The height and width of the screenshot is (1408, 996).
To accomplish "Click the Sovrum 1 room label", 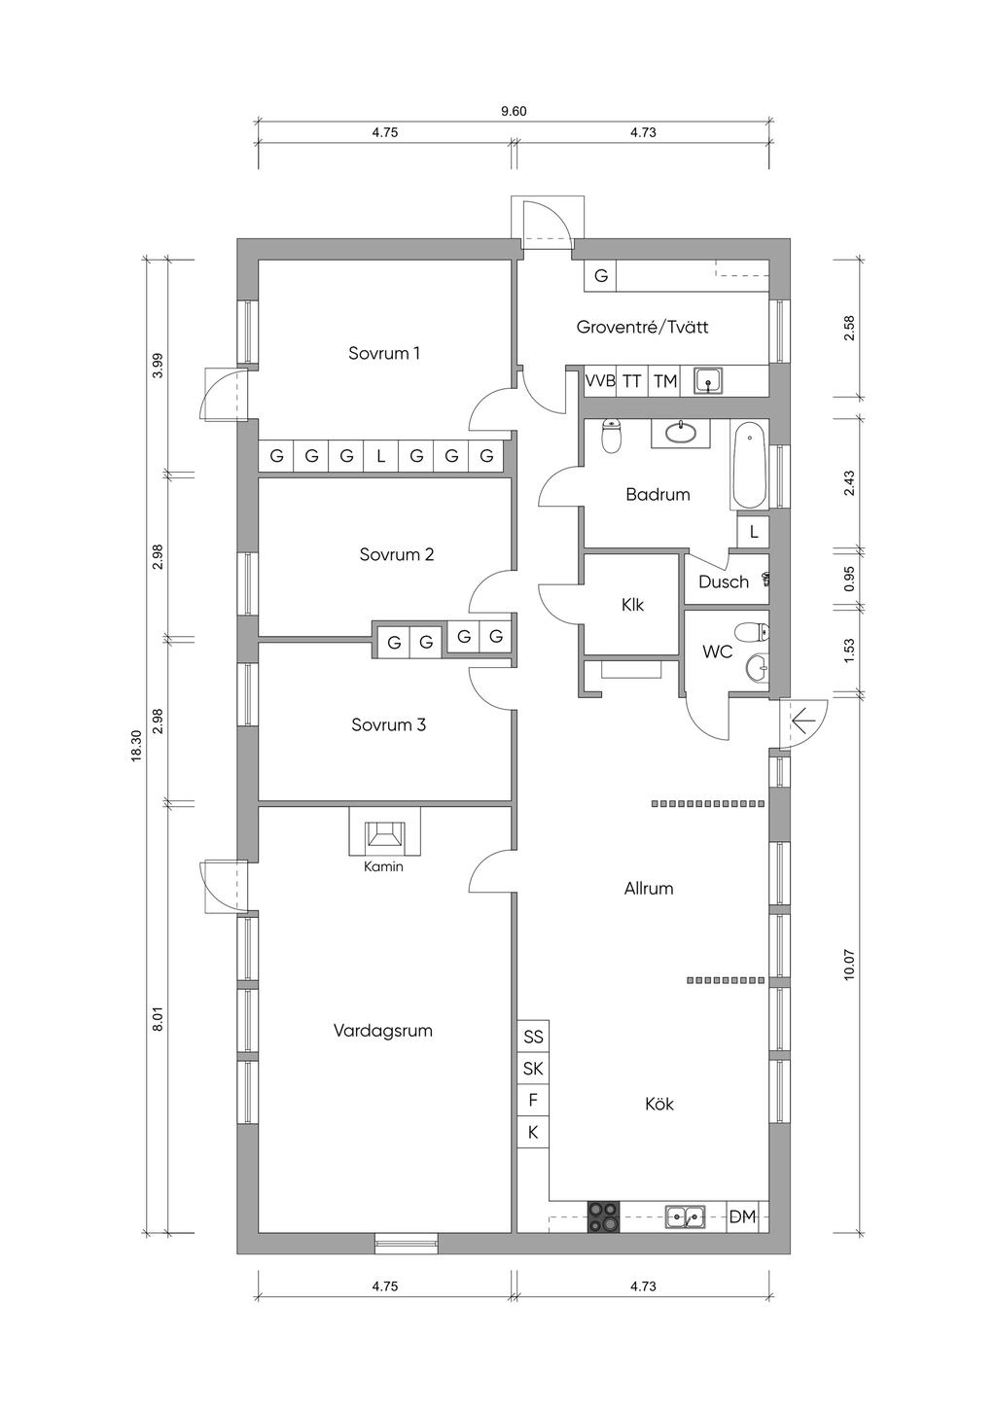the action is pyautogui.click(x=383, y=353).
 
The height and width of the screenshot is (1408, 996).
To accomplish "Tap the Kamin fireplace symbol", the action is pyautogui.click(x=385, y=831).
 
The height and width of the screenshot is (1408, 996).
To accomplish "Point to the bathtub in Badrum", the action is pyautogui.click(x=749, y=465).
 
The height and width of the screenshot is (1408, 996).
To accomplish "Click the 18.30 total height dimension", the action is pyautogui.click(x=136, y=746).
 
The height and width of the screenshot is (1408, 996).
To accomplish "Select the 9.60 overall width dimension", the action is pyautogui.click(x=514, y=112).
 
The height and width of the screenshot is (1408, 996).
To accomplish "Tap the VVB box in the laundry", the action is pyautogui.click(x=600, y=381).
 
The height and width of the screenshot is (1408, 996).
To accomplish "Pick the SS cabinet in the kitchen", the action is pyautogui.click(x=533, y=1037).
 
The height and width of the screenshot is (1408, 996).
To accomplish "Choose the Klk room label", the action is pyautogui.click(x=632, y=605).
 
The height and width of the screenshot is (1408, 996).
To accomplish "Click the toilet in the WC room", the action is pyautogui.click(x=752, y=631).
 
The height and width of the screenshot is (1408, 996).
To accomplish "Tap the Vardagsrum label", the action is pyautogui.click(x=383, y=1031).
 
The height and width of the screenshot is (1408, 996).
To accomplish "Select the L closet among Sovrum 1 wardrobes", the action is pyautogui.click(x=381, y=456).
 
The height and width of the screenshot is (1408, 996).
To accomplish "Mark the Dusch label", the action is pyautogui.click(x=723, y=582).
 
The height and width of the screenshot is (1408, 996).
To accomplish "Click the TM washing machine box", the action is pyautogui.click(x=664, y=381).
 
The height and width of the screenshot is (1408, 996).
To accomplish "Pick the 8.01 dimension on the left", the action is pyautogui.click(x=158, y=1018).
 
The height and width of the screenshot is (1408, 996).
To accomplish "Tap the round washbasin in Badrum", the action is pyautogui.click(x=681, y=432).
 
